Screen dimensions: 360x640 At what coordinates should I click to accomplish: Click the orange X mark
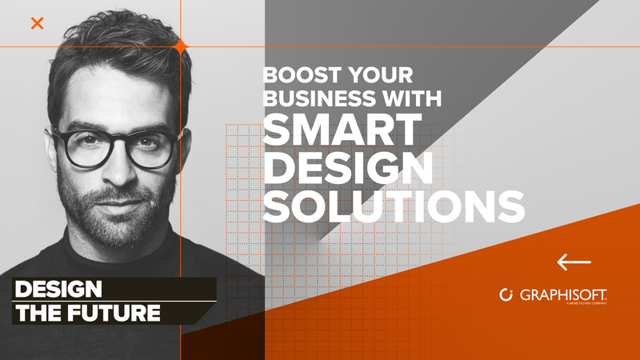(x=37, y=24)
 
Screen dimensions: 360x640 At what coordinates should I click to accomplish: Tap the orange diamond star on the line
(x=181, y=47)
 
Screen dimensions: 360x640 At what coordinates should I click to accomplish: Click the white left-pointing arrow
(x=574, y=262)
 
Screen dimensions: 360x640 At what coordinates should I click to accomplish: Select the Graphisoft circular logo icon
(x=506, y=294)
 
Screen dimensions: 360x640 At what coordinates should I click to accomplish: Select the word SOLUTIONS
(x=394, y=206)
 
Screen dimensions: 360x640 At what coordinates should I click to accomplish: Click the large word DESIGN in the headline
(x=348, y=169)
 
